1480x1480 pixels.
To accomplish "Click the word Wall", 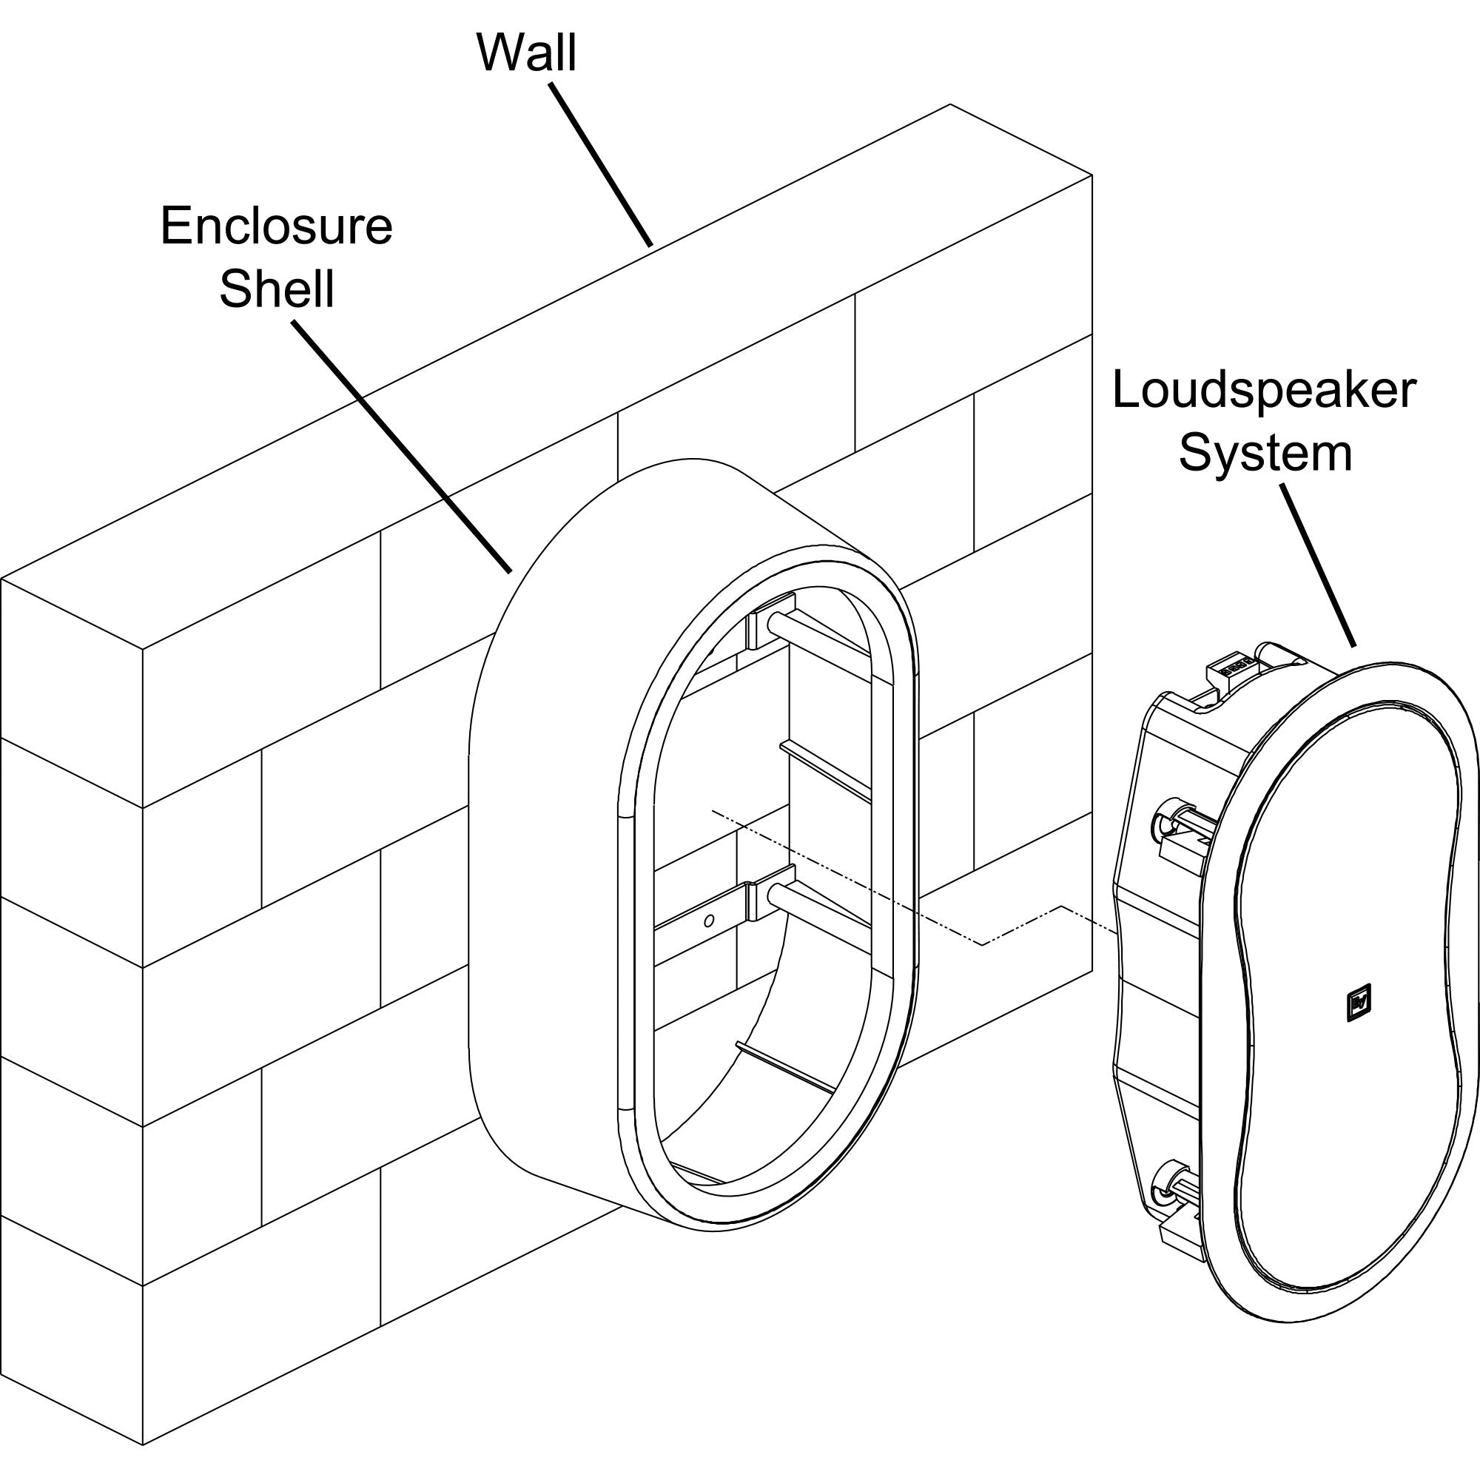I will pos(526,53).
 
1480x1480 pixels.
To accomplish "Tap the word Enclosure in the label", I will pos(276,226).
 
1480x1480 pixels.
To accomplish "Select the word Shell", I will pos(277,289).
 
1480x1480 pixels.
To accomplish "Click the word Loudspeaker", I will pos(1264,391).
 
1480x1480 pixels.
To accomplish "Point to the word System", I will pos(1265,453).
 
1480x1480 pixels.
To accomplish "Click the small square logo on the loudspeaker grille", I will pos(1358,1003).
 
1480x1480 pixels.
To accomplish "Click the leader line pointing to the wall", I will pos(602,165).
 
